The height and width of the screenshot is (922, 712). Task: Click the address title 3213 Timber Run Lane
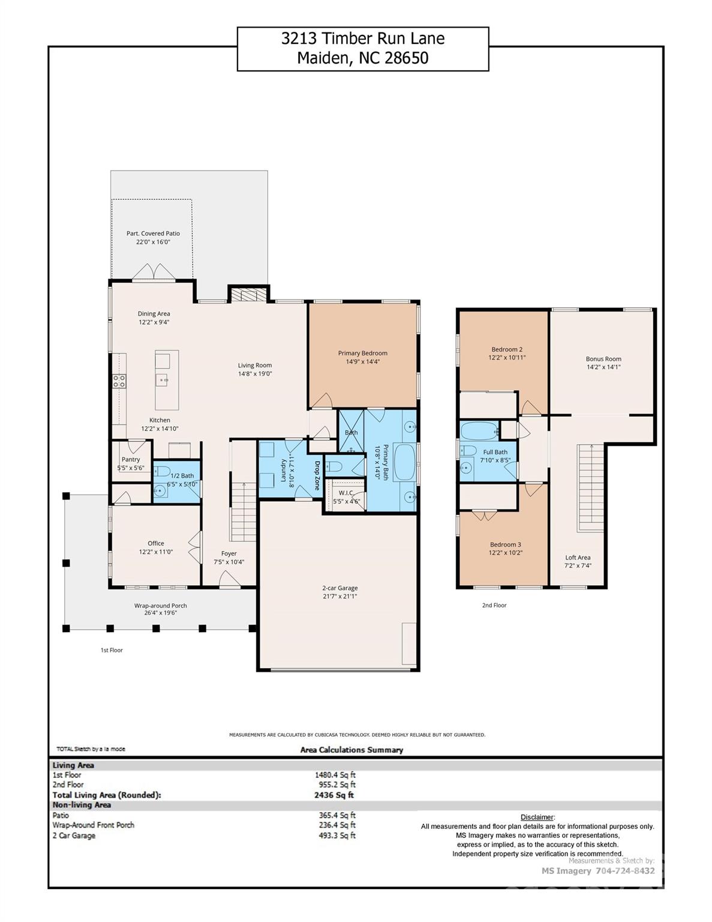pos(362,39)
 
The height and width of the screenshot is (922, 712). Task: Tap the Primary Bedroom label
pos(362,353)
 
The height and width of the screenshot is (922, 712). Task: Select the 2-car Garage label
pos(340,588)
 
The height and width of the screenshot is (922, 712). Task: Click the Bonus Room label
pos(603,359)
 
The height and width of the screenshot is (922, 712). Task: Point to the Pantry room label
pos(131,459)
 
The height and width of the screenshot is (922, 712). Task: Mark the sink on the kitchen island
pos(163,379)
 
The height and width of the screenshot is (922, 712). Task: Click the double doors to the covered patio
pos(154,274)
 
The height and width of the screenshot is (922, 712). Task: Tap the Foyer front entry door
pos(229,579)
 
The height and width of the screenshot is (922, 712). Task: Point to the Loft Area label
pos(578,558)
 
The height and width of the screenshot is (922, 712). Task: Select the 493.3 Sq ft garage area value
pos(337,835)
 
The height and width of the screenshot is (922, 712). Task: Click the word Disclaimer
pos(537,817)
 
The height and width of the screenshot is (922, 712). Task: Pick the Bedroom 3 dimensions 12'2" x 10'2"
pos(506,553)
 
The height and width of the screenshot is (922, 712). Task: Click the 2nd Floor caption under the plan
pos(494,605)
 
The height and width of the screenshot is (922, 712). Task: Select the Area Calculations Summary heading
pos(352,750)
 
